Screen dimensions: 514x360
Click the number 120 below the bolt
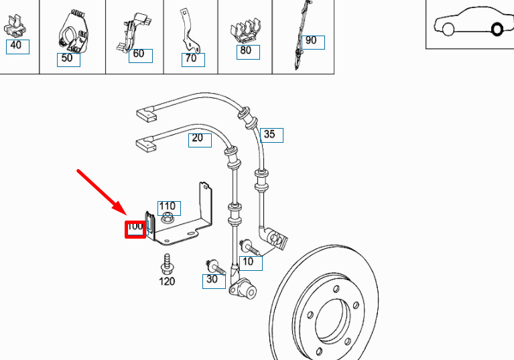[167, 282]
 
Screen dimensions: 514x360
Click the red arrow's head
[121, 210]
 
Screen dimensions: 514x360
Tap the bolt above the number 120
[167, 264]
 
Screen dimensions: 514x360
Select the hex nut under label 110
[167, 217]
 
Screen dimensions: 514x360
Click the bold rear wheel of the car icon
[497, 29]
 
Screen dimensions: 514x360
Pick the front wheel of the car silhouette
[448, 29]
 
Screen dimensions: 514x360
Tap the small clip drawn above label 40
[15, 25]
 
